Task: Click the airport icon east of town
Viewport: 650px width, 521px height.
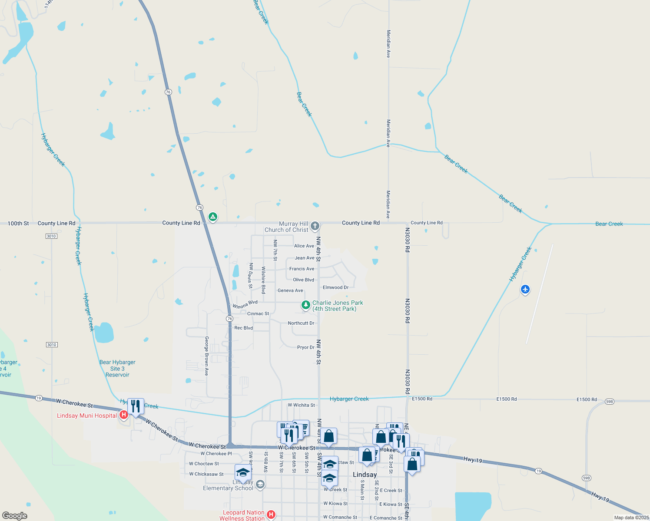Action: (525, 289)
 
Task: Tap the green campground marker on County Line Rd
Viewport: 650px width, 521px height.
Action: (212, 217)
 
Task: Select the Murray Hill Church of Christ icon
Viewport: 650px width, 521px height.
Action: (315, 226)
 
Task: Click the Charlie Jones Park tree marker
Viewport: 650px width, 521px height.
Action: (306, 305)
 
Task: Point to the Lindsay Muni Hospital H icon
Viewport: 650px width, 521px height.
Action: (124, 415)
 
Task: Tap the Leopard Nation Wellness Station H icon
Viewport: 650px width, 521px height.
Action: (271, 514)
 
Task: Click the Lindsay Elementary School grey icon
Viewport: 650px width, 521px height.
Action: (260, 484)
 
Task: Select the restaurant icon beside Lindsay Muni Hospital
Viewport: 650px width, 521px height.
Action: (136, 407)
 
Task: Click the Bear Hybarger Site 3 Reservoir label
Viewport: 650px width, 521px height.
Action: (117, 368)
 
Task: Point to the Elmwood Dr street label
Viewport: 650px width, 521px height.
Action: (335, 287)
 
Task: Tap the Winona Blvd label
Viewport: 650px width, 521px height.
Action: (245, 304)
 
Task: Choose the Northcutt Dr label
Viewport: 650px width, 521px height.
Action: (301, 323)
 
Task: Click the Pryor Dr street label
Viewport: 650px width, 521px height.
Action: (305, 347)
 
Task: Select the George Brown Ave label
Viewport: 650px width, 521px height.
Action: (207, 356)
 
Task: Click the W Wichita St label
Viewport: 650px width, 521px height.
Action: (301, 405)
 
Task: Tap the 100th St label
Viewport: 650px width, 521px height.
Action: (18, 224)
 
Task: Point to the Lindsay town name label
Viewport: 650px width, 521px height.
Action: (365, 475)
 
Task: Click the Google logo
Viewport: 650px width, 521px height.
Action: (15, 516)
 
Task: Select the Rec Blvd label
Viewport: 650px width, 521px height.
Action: (243, 328)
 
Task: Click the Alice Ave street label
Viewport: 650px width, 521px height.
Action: (304, 246)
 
